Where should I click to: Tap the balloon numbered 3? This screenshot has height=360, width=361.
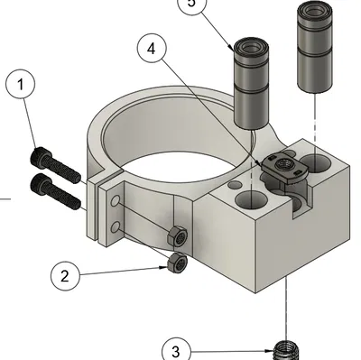[x=177, y=351]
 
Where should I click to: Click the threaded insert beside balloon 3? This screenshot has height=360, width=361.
[x=286, y=349]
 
